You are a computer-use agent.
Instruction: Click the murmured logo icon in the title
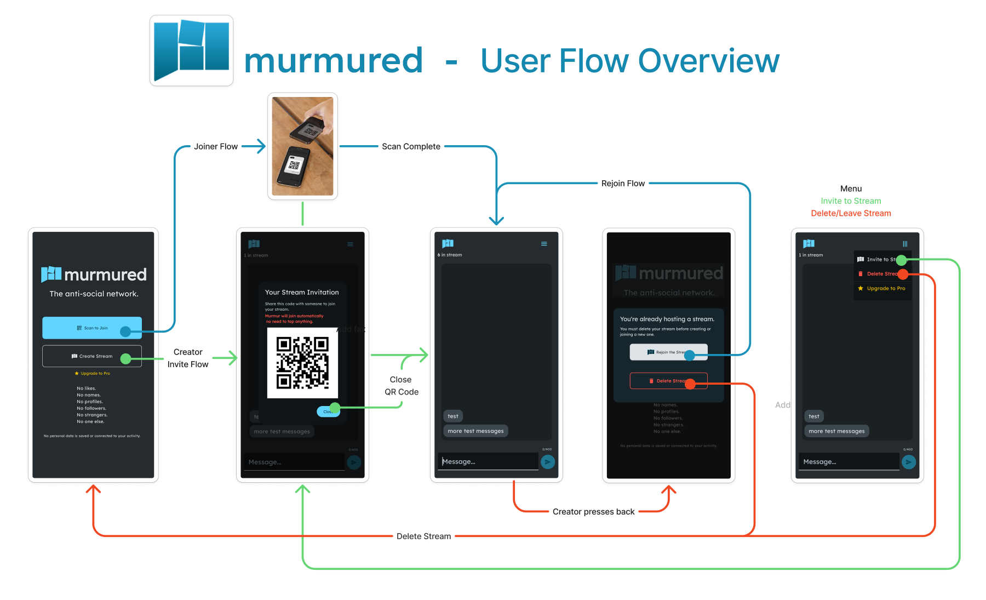(191, 50)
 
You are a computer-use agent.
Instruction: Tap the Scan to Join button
(92, 328)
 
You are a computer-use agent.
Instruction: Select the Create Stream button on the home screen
(92, 356)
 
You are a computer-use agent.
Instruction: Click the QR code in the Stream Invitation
(302, 363)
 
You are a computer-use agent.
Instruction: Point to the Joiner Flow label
(216, 146)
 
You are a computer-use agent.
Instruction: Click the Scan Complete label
(411, 146)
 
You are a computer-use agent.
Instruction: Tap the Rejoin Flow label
(623, 184)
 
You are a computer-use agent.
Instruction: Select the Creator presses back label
(593, 512)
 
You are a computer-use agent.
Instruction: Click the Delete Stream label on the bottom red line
(423, 536)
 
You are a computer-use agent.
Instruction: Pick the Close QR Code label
(401, 386)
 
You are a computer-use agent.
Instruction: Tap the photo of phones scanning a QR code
(302, 146)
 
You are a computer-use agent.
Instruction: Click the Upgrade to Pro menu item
(885, 288)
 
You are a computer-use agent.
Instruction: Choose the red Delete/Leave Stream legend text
(851, 213)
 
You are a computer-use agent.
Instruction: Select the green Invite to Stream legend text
(851, 201)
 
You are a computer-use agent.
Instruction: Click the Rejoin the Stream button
(668, 352)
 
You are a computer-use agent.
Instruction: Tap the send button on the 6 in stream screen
(547, 462)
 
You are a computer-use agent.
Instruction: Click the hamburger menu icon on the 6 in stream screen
(544, 244)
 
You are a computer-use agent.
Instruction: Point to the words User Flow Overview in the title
(630, 60)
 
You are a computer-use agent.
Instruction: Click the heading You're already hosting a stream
(667, 319)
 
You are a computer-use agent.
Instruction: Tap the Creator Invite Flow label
(188, 358)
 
